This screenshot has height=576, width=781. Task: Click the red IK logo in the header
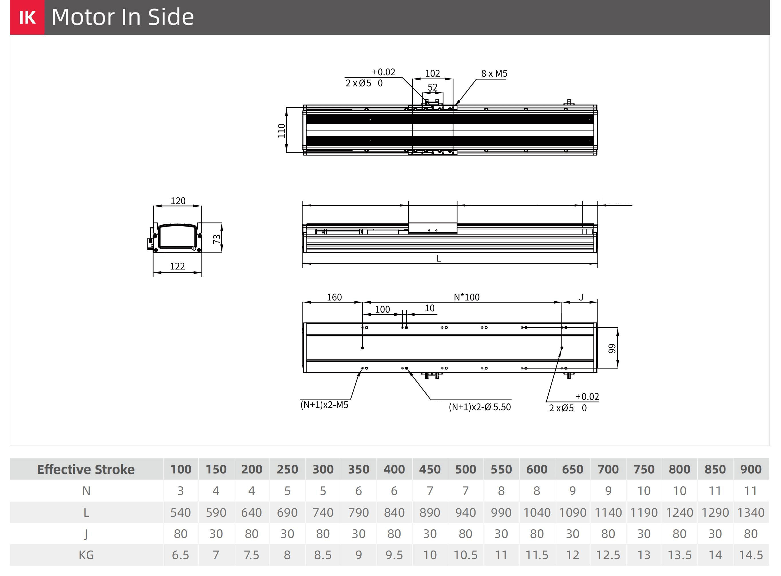[27, 17]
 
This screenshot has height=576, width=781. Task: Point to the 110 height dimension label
[281, 131]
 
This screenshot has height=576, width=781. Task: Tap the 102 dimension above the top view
[433, 73]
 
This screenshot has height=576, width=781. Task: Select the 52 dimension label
[433, 87]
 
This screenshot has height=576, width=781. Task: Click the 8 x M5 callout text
[494, 73]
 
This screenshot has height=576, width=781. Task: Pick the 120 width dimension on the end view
[178, 201]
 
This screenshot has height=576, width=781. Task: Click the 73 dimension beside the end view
[217, 239]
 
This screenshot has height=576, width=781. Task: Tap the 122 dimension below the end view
[178, 266]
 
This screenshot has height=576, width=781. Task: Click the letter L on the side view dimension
[439, 258]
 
